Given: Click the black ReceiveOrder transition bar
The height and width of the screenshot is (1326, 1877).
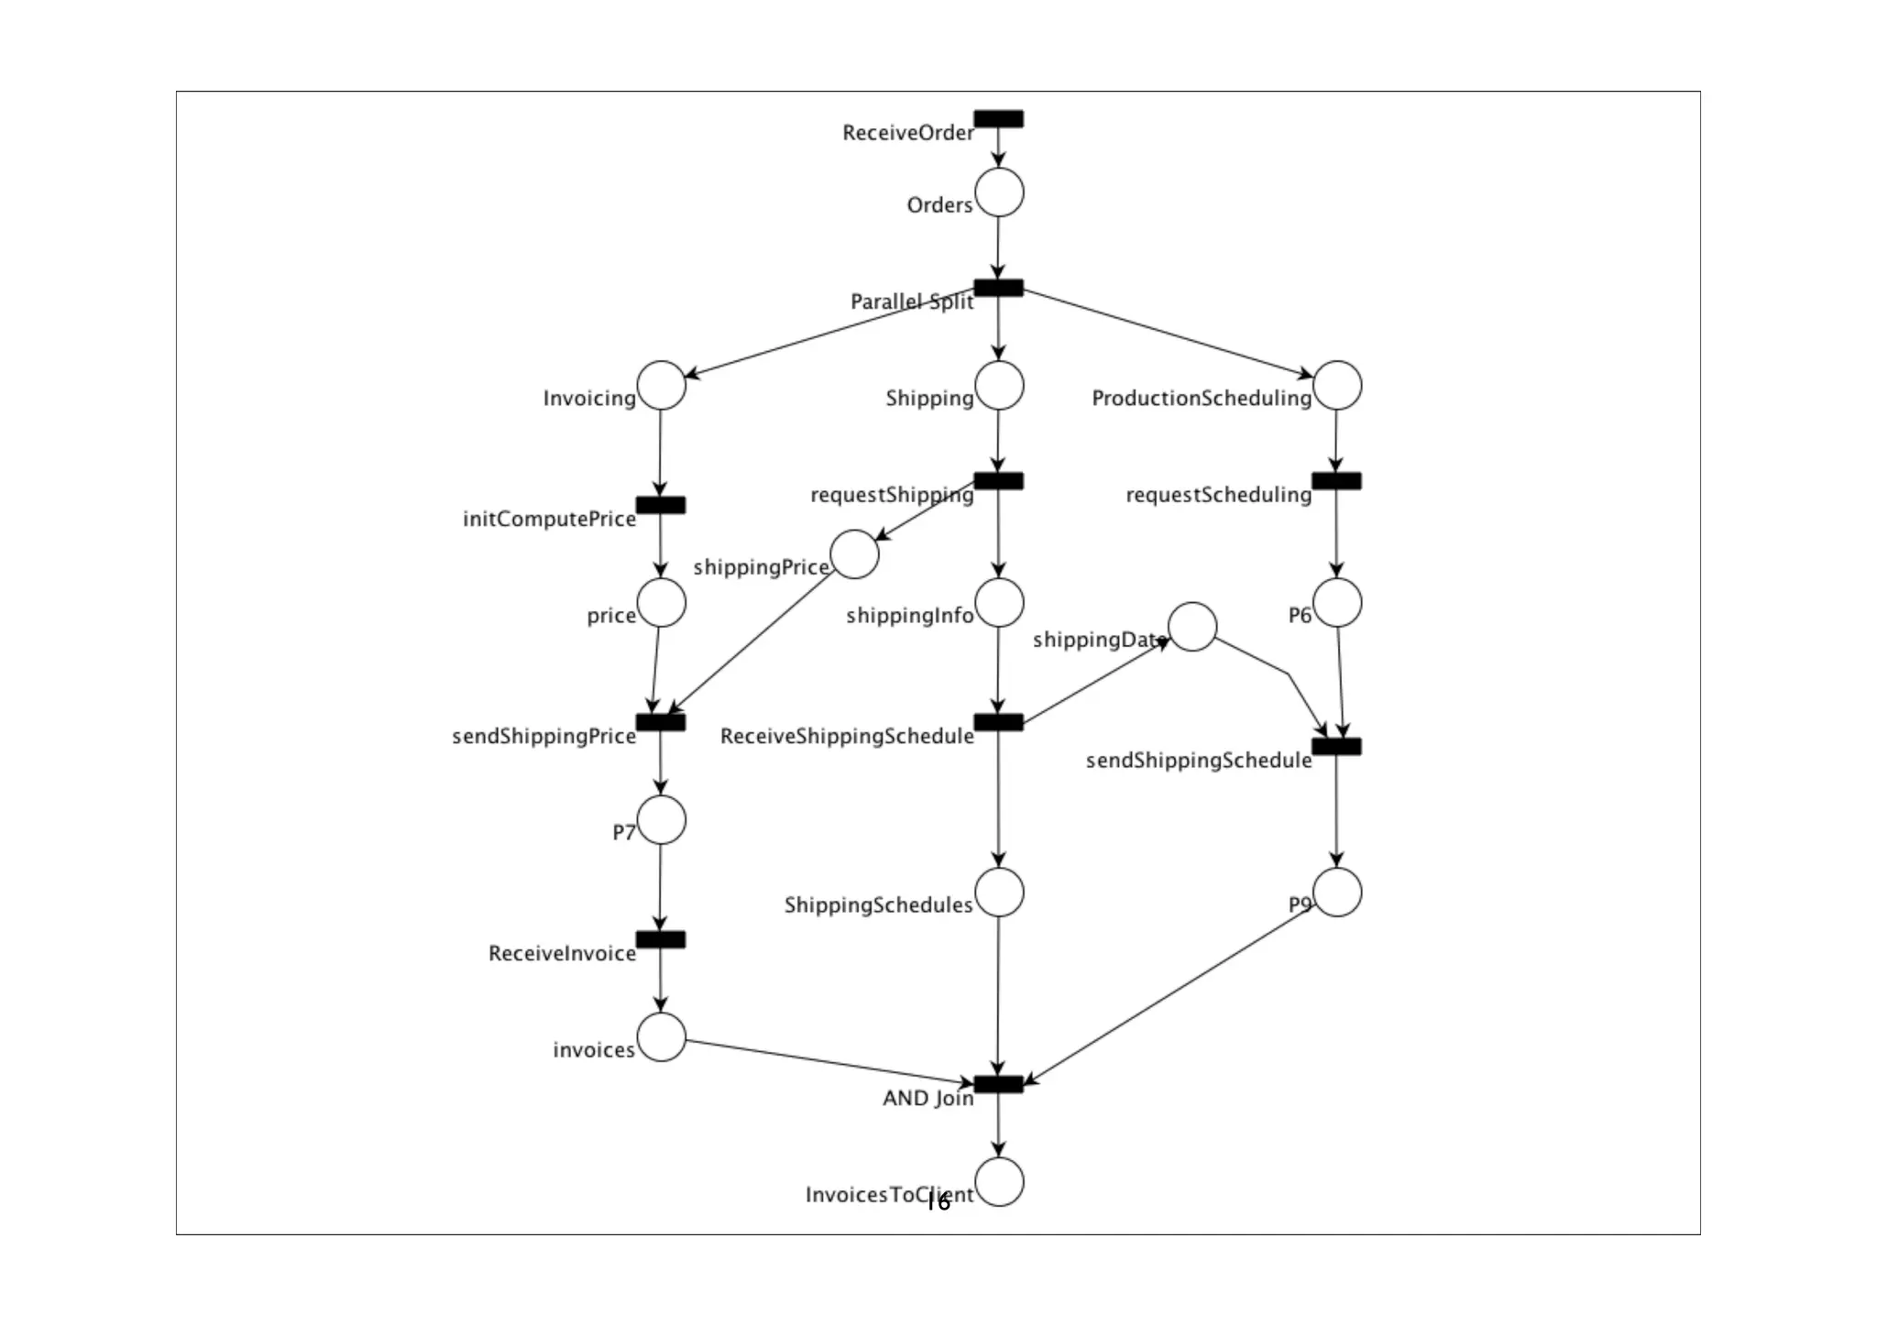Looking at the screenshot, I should pos(998,119).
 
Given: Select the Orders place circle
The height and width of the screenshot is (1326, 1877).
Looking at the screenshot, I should pos(999,192).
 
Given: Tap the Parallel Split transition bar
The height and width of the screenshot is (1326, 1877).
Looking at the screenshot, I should pos(998,288).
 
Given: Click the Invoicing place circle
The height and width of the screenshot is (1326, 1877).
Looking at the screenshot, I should pos(661,385).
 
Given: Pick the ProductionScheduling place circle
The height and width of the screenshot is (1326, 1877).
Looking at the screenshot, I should pos(1336,385).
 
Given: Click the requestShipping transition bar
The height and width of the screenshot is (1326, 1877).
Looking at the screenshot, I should pos(998,481).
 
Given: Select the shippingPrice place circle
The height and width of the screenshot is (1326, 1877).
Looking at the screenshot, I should pos(854,554).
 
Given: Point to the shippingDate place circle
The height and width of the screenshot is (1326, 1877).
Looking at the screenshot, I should pos(1192,627).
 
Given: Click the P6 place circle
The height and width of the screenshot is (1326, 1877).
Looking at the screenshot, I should pos(1336,602).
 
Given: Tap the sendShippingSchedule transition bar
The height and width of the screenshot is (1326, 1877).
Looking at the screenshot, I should pos(1336,747).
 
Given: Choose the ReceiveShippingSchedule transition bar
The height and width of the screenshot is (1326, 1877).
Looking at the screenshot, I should pos(998,723).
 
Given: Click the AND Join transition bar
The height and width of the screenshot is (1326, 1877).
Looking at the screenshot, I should pos(998,1085).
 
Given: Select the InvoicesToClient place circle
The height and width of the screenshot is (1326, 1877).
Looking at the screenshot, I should pos(999,1181).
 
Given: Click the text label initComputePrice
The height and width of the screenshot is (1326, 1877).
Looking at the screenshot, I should pos(549,519).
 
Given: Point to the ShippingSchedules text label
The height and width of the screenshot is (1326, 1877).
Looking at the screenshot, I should pos(878,905).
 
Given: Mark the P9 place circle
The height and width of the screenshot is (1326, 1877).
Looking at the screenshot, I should pos(1336,892).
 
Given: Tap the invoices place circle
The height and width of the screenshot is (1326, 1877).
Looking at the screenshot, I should pos(661,1036).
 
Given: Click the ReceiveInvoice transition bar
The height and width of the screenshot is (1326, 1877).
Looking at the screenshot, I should pos(661,940).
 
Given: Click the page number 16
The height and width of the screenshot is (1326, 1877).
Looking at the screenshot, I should pos(938,1203).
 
